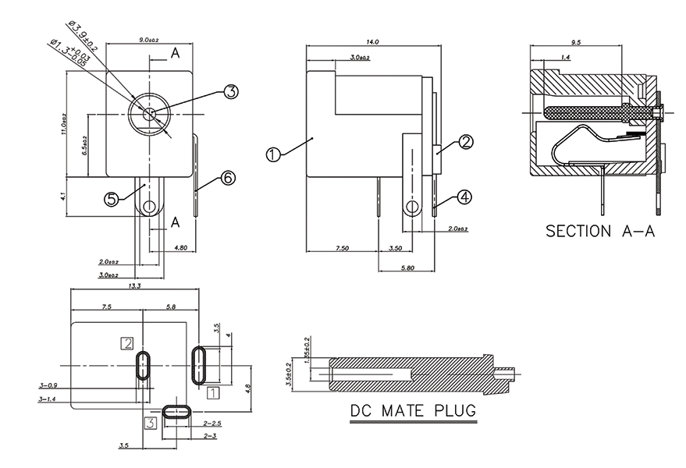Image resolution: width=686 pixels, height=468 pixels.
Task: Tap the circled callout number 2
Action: point(466,142)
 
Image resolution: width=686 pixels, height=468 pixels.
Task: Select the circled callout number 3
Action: point(230,92)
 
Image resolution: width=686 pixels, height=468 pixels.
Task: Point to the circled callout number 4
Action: point(464,198)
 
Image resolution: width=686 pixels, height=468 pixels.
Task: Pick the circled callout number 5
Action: point(112,199)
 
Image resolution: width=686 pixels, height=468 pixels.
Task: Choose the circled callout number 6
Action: point(228,178)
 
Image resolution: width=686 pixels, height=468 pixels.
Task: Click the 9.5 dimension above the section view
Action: point(576,42)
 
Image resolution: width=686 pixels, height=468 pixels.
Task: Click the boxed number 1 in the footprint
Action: point(212,394)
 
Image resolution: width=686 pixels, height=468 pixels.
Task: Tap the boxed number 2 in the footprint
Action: point(126,342)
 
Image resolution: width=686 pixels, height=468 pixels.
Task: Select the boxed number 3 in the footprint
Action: point(151,422)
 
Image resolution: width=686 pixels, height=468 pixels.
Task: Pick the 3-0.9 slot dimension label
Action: point(48,385)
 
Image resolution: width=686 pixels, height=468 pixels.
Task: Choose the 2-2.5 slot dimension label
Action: point(212,423)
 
